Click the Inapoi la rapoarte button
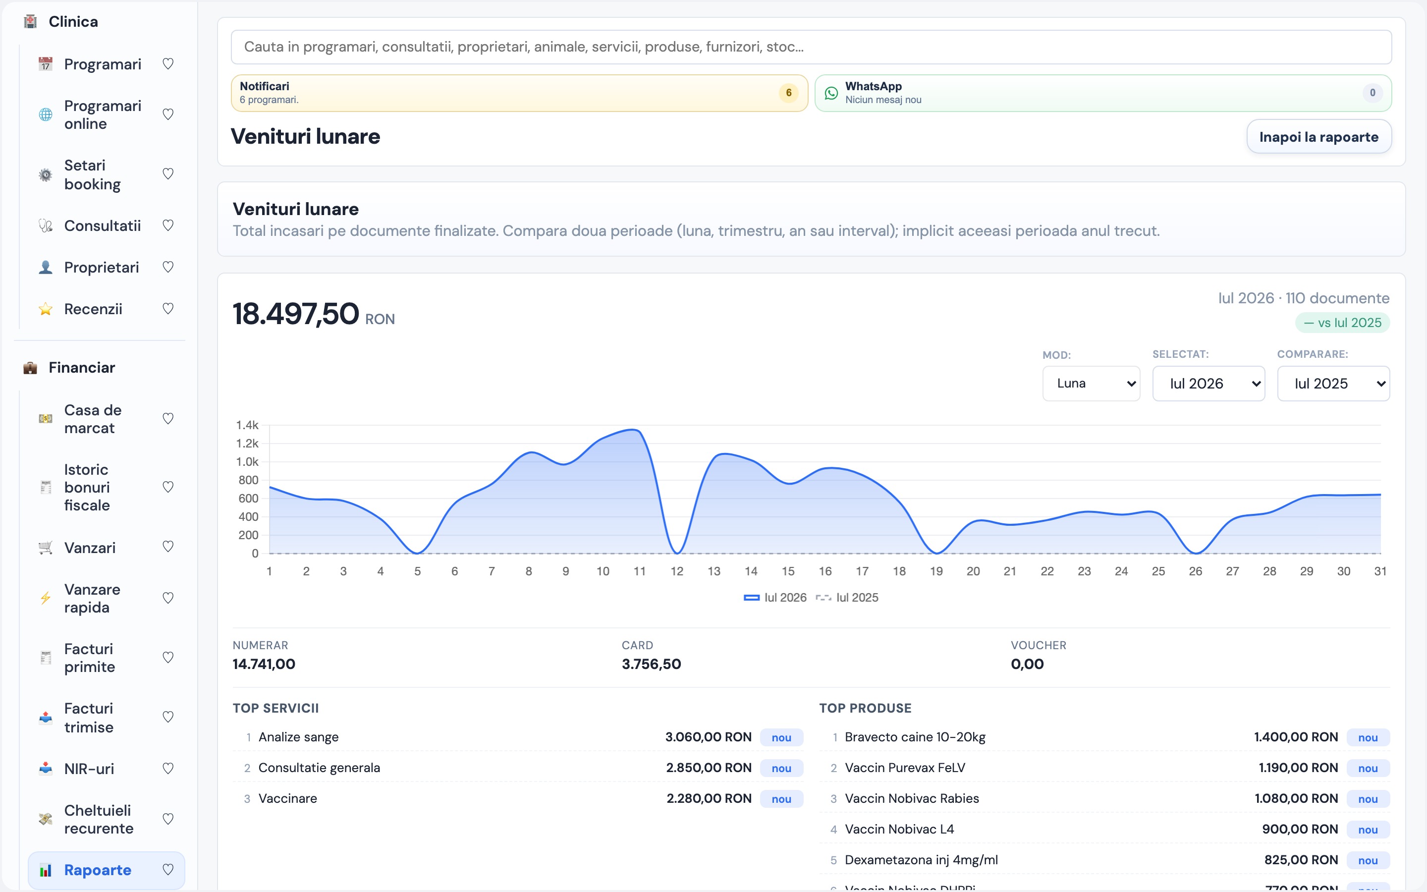point(1318,137)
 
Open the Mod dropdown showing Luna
point(1091,384)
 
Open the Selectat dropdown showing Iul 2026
point(1208,384)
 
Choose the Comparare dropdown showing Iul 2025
point(1333,384)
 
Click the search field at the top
point(811,47)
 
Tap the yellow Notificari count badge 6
point(788,93)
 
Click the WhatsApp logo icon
point(831,93)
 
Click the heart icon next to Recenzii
point(168,309)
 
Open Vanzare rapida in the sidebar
point(92,598)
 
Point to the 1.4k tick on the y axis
point(247,425)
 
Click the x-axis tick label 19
point(936,571)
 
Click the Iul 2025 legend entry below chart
point(847,598)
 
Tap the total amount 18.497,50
point(295,314)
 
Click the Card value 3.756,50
point(651,664)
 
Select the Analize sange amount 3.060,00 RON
point(708,737)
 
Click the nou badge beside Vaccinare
point(781,799)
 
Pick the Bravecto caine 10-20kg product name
point(915,737)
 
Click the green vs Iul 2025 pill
point(1342,323)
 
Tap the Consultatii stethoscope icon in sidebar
point(46,226)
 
